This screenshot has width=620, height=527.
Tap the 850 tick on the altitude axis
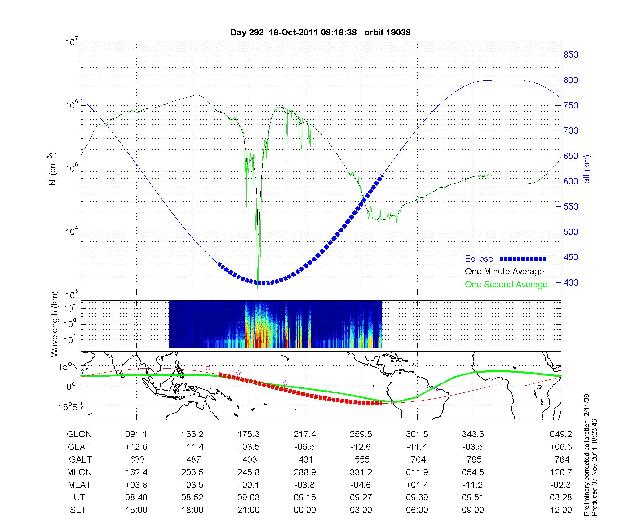pyautogui.click(x=571, y=55)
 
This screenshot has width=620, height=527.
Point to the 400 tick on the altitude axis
pyautogui.click(x=571, y=282)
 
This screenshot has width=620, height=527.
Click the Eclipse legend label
pyautogui.click(x=479, y=259)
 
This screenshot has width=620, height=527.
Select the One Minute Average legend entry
pyautogui.click(x=504, y=272)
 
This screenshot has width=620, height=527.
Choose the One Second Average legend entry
pyautogui.click(x=506, y=285)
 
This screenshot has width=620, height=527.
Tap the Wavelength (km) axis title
pyautogui.click(x=55, y=324)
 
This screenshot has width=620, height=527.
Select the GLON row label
pyautogui.click(x=79, y=434)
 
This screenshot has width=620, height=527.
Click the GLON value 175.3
pyautogui.click(x=248, y=434)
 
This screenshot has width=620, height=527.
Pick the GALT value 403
pyautogui.click(x=250, y=459)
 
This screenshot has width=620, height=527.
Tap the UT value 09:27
pyautogui.click(x=361, y=498)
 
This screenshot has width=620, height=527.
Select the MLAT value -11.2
pyautogui.click(x=473, y=485)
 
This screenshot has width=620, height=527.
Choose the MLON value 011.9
pyautogui.click(x=417, y=472)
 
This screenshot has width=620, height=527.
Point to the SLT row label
pyautogui.click(x=78, y=510)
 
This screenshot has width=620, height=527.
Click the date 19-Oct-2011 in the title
pyautogui.click(x=293, y=33)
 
